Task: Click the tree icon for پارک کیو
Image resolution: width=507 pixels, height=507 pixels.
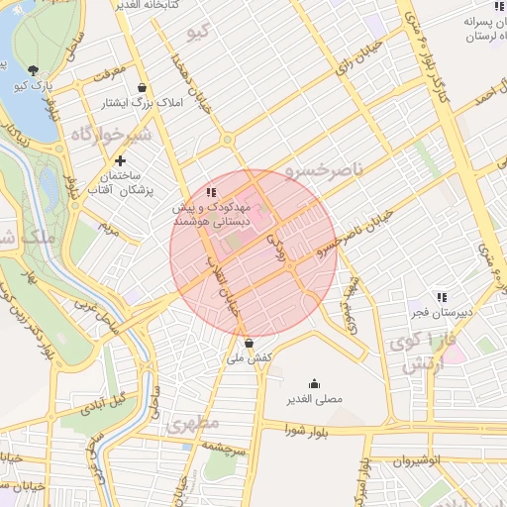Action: (34, 70)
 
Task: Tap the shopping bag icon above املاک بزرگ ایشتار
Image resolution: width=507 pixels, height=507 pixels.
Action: (144, 87)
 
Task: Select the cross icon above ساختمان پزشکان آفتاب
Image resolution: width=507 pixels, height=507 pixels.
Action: (121, 160)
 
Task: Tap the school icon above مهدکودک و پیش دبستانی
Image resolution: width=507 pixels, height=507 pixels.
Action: (210, 192)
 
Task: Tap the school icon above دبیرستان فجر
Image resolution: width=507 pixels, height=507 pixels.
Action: (442, 296)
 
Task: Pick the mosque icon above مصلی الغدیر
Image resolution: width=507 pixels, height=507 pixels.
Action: (315, 384)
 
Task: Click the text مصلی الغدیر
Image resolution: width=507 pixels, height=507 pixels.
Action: (315, 400)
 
